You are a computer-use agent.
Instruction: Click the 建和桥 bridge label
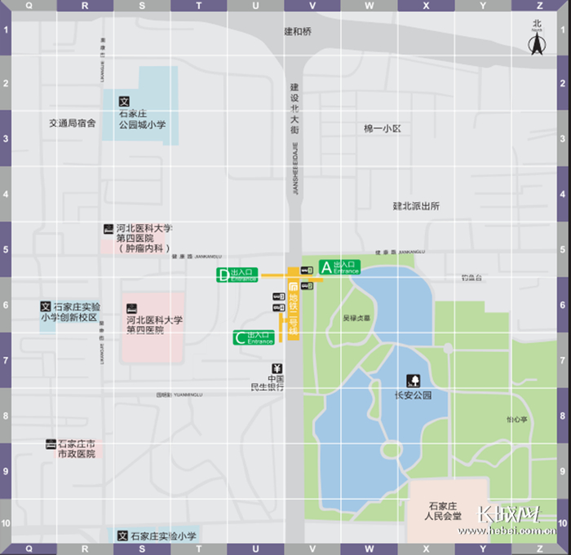point(298,32)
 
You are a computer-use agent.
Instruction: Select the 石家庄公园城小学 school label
point(143,120)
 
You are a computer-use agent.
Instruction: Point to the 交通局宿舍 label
point(72,123)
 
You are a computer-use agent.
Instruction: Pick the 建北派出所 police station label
point(416,206)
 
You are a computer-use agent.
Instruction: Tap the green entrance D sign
point(237,275)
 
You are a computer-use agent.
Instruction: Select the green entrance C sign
point(254,337)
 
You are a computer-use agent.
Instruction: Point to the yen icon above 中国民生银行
point(277,367)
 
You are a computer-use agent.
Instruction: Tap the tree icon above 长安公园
point(412,380)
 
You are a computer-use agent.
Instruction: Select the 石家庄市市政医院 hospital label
point(74,449)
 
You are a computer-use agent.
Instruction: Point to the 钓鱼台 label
point(471,278)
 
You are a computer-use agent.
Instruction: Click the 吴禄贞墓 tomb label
point(356,318)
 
